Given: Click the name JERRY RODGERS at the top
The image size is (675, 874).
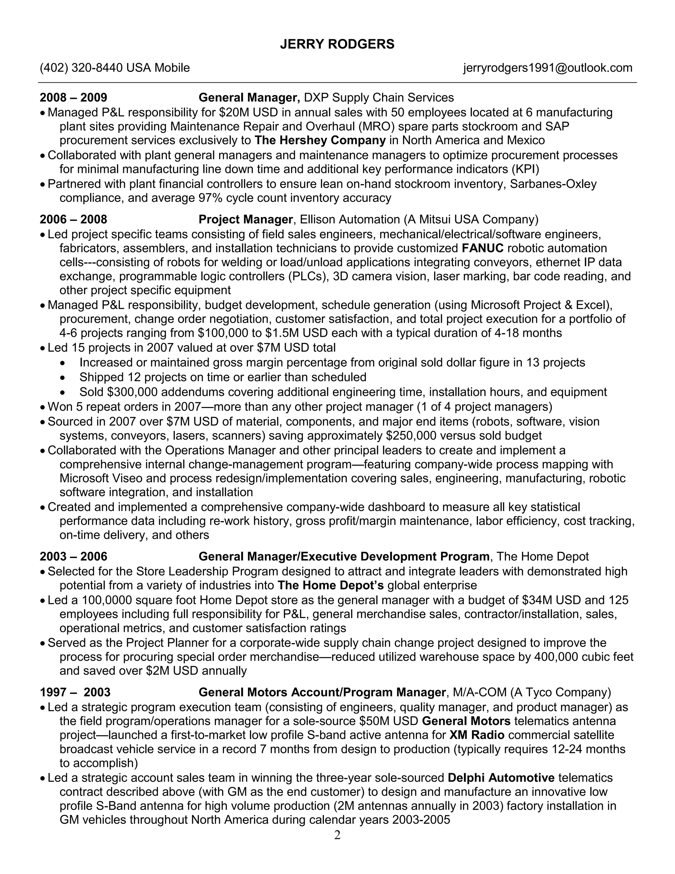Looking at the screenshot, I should click(x=337, y=44).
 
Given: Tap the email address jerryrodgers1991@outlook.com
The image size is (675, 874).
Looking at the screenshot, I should click(x=547, y=68).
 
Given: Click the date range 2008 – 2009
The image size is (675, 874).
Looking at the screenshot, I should click(x=73, y=97).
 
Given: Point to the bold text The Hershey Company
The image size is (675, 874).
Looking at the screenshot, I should click(x=320, y=140).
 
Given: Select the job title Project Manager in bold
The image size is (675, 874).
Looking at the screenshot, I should click(x=246, y=219).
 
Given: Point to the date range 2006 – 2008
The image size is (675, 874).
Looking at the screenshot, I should click(x=73, y=219).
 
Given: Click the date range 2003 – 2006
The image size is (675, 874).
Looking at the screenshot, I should click(x=73, y=556).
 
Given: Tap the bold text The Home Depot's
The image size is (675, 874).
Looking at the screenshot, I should click(x=330, y=585).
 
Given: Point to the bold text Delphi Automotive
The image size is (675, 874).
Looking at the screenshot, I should click(x=501, y=778).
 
